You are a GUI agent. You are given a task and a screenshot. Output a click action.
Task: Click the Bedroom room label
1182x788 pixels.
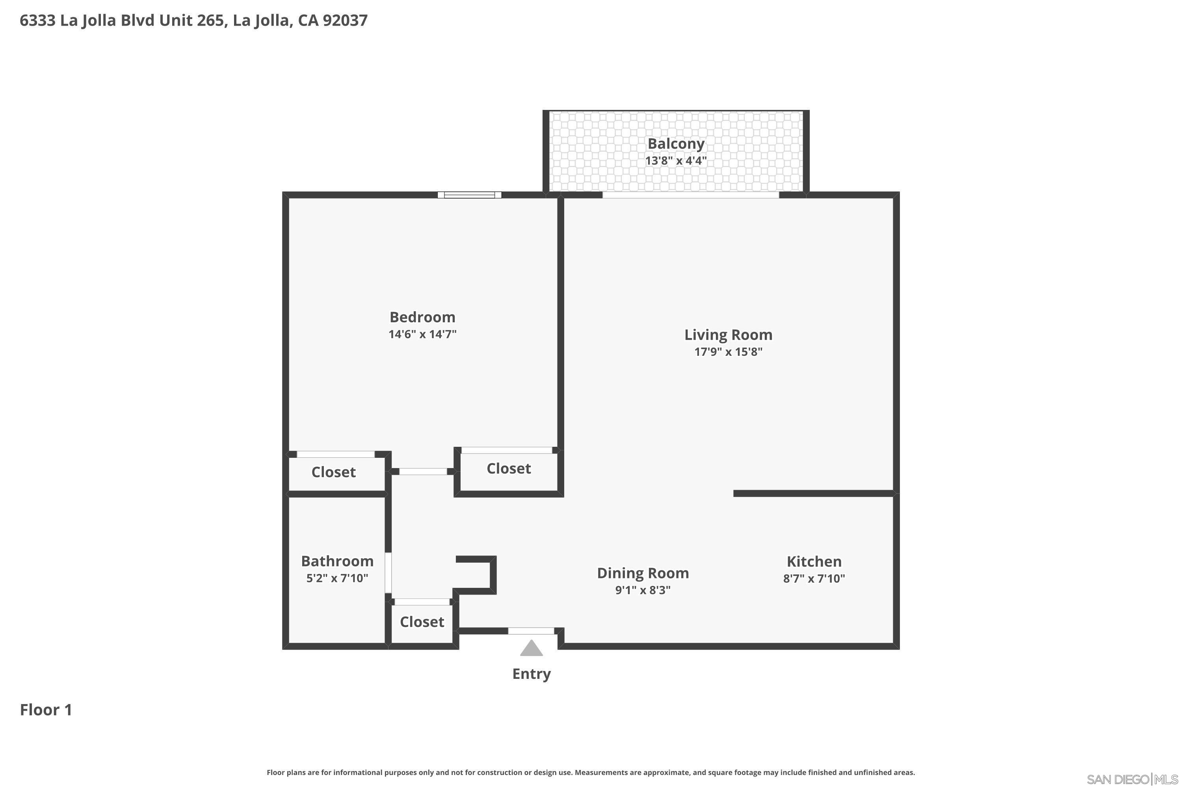[422, 317]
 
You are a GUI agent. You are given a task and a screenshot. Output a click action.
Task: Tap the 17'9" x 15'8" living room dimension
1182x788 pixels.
[728, 352]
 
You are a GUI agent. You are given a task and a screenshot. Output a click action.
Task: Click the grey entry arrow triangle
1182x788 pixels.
[531, 649]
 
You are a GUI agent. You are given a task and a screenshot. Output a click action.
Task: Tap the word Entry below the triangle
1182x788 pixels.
[531, 674]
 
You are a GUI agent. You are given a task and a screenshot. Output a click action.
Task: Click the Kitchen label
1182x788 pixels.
[814, 561]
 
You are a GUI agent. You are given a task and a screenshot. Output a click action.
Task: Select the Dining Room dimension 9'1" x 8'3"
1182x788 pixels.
[643, 590]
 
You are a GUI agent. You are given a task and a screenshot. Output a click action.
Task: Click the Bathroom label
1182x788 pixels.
[337, 561]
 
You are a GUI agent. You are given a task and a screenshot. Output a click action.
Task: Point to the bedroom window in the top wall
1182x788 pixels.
[469, 195]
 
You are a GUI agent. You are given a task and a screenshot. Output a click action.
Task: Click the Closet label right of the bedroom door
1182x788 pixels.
[509, 468]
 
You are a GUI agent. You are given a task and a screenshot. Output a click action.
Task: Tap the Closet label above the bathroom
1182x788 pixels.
[333, 472]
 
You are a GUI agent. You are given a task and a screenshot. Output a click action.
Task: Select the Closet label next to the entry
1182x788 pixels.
[422, 622]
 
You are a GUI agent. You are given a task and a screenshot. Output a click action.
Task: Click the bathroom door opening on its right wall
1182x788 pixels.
[388, 572]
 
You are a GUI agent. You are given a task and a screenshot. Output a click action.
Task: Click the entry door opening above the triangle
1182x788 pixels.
[531, 631]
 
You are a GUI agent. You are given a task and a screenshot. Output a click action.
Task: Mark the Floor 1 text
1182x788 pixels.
[46, 710]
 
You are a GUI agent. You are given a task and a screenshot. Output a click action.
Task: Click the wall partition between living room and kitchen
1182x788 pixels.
[813, 494]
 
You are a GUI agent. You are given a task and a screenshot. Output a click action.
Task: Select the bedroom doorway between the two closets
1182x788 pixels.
[423, 471]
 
